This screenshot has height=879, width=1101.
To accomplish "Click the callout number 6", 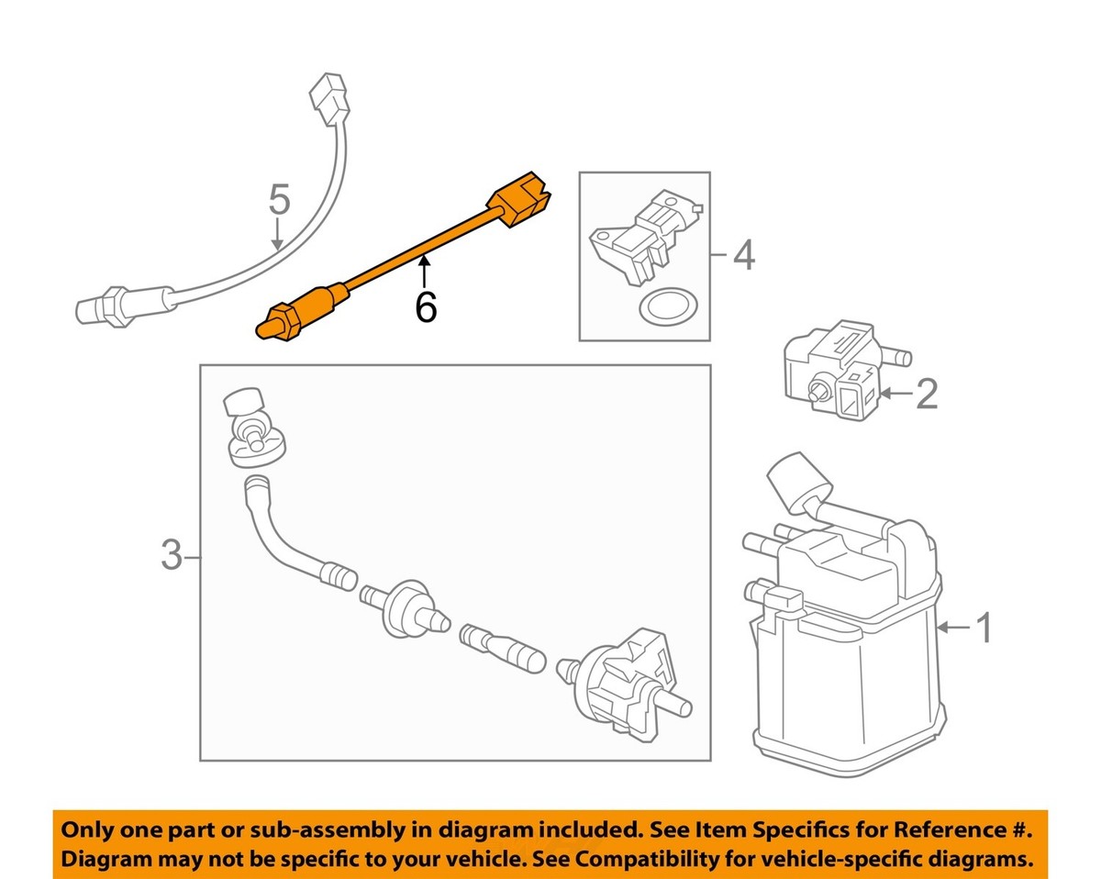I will coord(425,307).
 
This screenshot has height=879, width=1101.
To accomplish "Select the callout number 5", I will coord(279,199).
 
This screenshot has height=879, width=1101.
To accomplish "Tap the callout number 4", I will coord(744,255).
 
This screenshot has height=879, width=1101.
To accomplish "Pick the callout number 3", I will coord(172,555).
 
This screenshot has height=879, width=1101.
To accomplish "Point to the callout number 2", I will coord(927,395).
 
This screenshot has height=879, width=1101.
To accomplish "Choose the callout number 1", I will coord(983,629).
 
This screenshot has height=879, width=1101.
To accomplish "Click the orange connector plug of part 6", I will coord(520,199).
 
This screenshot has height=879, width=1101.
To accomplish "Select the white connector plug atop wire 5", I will coord(330,98).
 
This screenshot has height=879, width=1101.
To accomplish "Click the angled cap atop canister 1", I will coord(793,483).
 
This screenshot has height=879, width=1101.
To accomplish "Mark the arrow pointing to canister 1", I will coord(955,629).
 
